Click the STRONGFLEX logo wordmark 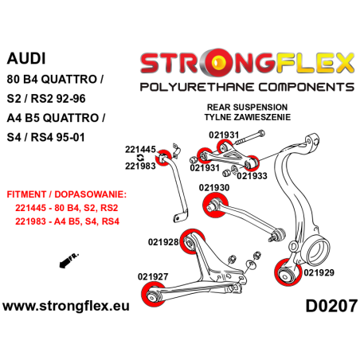[246, 61]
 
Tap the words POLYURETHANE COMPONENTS [246, 84]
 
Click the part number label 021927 [152, 277]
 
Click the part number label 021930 [213, 187]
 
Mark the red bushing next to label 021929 [284, 273]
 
